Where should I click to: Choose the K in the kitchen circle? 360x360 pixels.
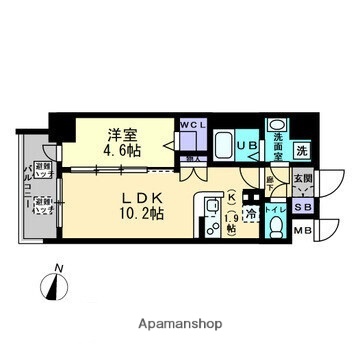click(231, 197)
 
